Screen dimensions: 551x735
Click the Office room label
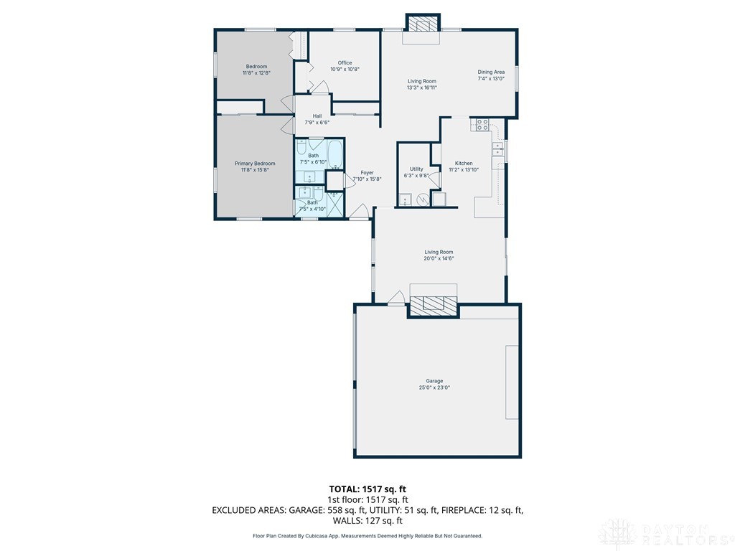point(345,63)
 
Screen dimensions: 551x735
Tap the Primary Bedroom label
point(255,164)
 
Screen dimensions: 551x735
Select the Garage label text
point(434,381)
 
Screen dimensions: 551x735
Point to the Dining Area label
point(492,72)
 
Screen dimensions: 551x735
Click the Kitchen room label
point(463,164)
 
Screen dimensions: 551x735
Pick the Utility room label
point(416,169)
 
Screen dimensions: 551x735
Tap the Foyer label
point(367,173)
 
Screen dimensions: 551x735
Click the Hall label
point(317,116)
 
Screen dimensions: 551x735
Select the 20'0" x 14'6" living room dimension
point(439,259)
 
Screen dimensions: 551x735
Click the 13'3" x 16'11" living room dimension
point(422,88)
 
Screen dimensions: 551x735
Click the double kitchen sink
point(497,149)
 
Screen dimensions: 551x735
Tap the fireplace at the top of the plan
point(421,24)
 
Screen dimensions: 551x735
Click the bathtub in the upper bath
point(334,153)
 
